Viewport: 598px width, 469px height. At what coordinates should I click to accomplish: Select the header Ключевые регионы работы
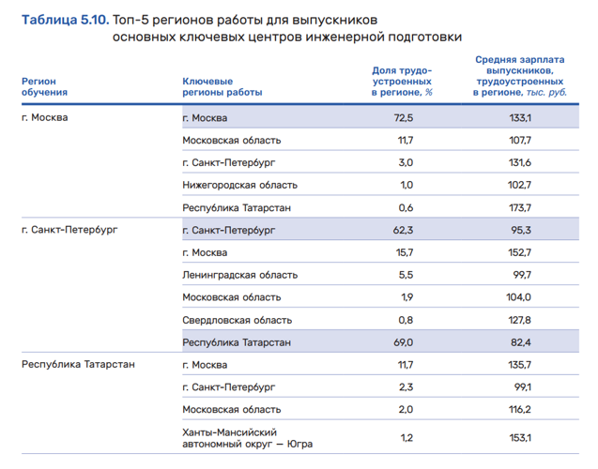pyautogui.click(x=222, y=86)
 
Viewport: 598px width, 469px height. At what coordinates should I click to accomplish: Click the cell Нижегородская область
pyautogui.click(x=239, y=185)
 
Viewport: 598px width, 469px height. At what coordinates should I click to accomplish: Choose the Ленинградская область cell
pyautogui.click(x=239, y=275)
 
